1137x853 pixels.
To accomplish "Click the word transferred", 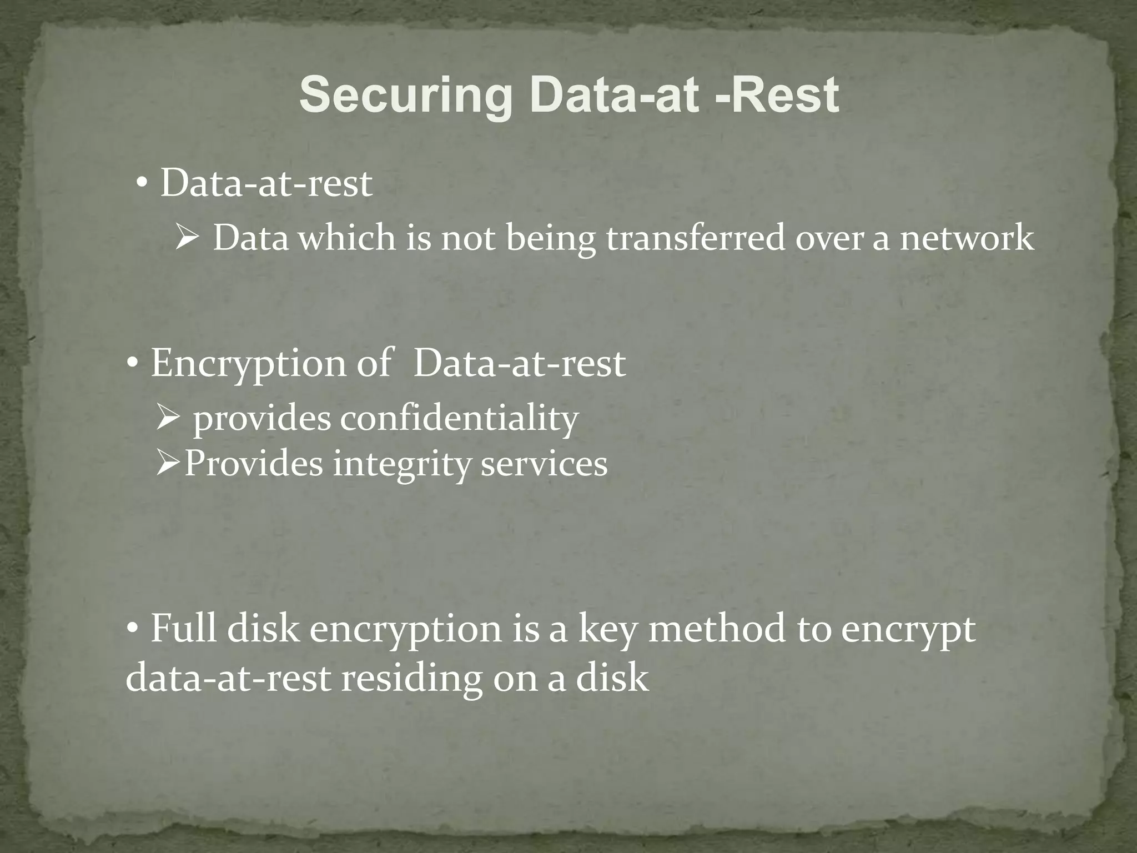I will (695, 238).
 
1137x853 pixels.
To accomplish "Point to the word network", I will (967, 238).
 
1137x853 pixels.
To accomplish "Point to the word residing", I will (411, 678).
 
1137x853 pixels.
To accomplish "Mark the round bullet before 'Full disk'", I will (133, 629).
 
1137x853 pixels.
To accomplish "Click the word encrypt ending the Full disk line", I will (908, 629).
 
